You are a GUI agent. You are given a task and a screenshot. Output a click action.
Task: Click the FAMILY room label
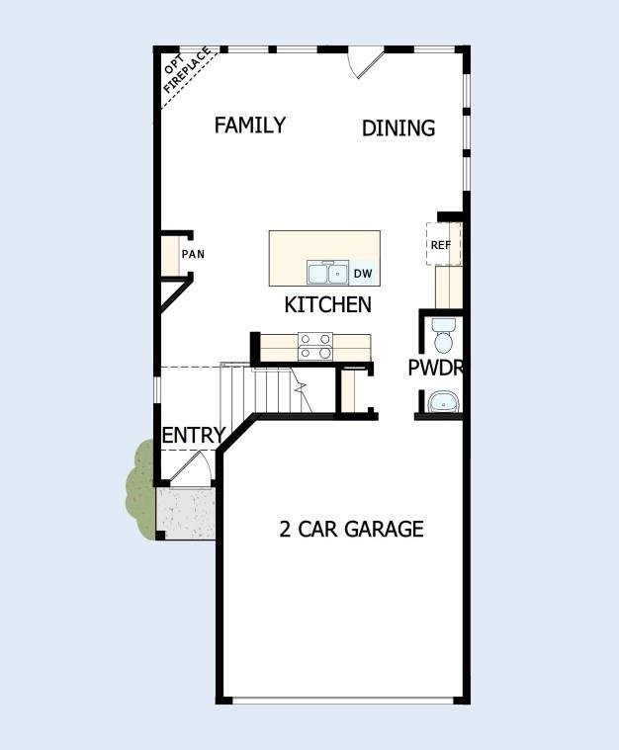coord(250,125)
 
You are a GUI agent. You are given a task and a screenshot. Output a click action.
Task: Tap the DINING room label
coord(398,128)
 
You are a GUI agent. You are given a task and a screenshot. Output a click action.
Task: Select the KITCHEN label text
coord(327,304)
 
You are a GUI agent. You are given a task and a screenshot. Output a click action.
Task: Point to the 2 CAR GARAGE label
coord(351,530)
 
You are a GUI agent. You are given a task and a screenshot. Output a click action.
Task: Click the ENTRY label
coord(193,436)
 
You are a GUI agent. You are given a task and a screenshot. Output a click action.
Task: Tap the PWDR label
coord(435,369)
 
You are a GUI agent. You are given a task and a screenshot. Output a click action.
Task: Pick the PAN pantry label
coord(193,254)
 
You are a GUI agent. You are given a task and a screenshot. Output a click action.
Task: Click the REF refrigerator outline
coord(441,244)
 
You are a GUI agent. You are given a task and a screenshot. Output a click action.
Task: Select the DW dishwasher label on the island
coord(363,273)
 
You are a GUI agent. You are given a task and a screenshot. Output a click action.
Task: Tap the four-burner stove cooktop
coord(315,345)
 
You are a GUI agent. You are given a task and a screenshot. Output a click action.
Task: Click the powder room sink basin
coord(443,401)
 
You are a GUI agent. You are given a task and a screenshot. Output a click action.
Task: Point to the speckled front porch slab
coord(186,512)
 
